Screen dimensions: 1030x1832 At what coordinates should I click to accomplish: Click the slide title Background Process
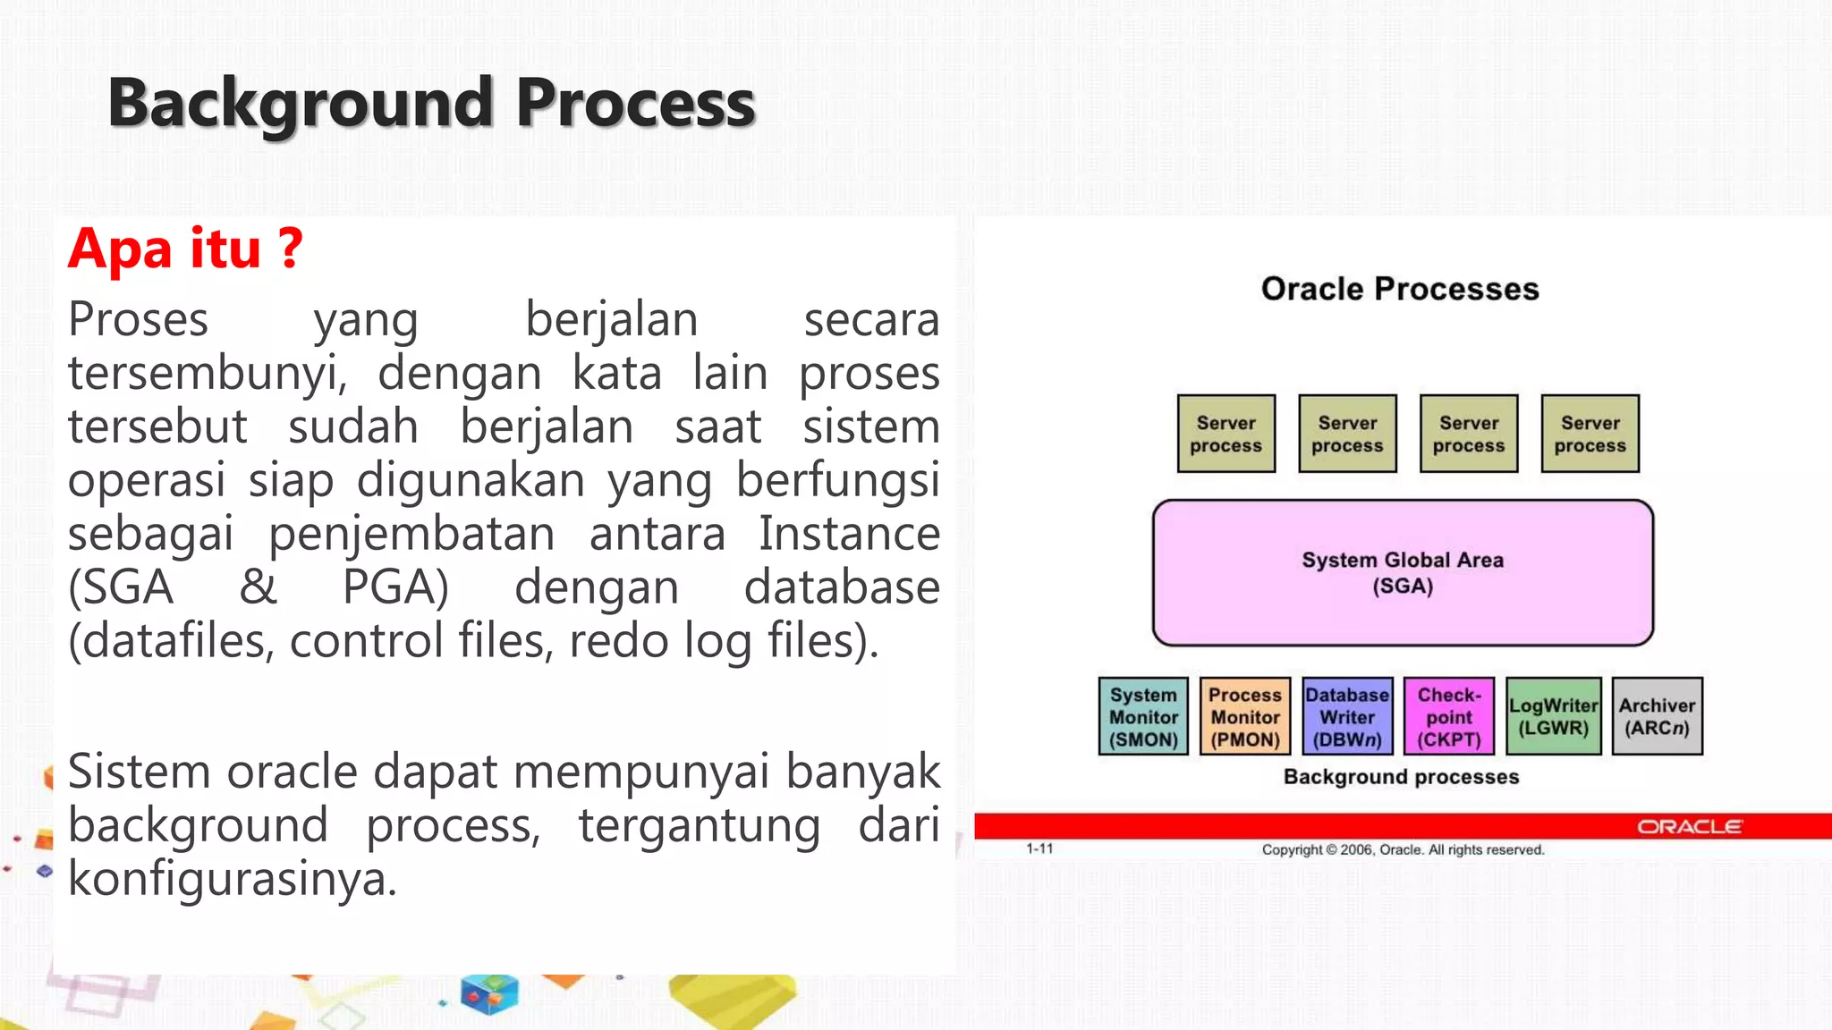point(431,104)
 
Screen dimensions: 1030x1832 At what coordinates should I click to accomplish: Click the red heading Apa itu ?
point(185,249)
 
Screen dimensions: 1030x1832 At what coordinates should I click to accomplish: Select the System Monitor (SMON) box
point(1143,717)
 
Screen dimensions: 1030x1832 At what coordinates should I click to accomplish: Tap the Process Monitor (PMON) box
point(1244,717)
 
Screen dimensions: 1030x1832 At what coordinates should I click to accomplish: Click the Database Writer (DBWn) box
point(1347,717)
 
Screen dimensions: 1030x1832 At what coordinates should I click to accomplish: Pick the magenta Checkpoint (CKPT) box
point(1449,717)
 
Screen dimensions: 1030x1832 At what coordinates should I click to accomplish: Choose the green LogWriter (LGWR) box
point(1553,717)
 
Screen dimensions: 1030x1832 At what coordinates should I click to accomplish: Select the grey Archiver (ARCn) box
point(1657,717)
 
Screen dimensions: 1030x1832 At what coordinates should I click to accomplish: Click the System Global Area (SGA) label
point(1402,572)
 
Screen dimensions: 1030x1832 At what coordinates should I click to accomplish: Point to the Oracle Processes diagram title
point(1400,289)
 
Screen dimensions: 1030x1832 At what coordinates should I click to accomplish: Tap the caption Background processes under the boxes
point(1401,777)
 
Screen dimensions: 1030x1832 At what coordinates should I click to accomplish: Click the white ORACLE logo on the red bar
point(1689,827)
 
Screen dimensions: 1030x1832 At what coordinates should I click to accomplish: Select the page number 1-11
point(1039,848)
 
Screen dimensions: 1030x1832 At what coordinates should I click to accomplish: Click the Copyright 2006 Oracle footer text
point(1403,849)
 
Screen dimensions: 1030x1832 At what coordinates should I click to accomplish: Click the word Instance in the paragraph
point(849,534)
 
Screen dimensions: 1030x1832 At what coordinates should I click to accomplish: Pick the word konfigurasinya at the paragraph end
point(232,879)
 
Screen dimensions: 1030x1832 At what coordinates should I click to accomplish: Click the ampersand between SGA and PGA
point(258,587)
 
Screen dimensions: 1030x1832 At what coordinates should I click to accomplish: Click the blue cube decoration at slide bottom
point(489,994)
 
